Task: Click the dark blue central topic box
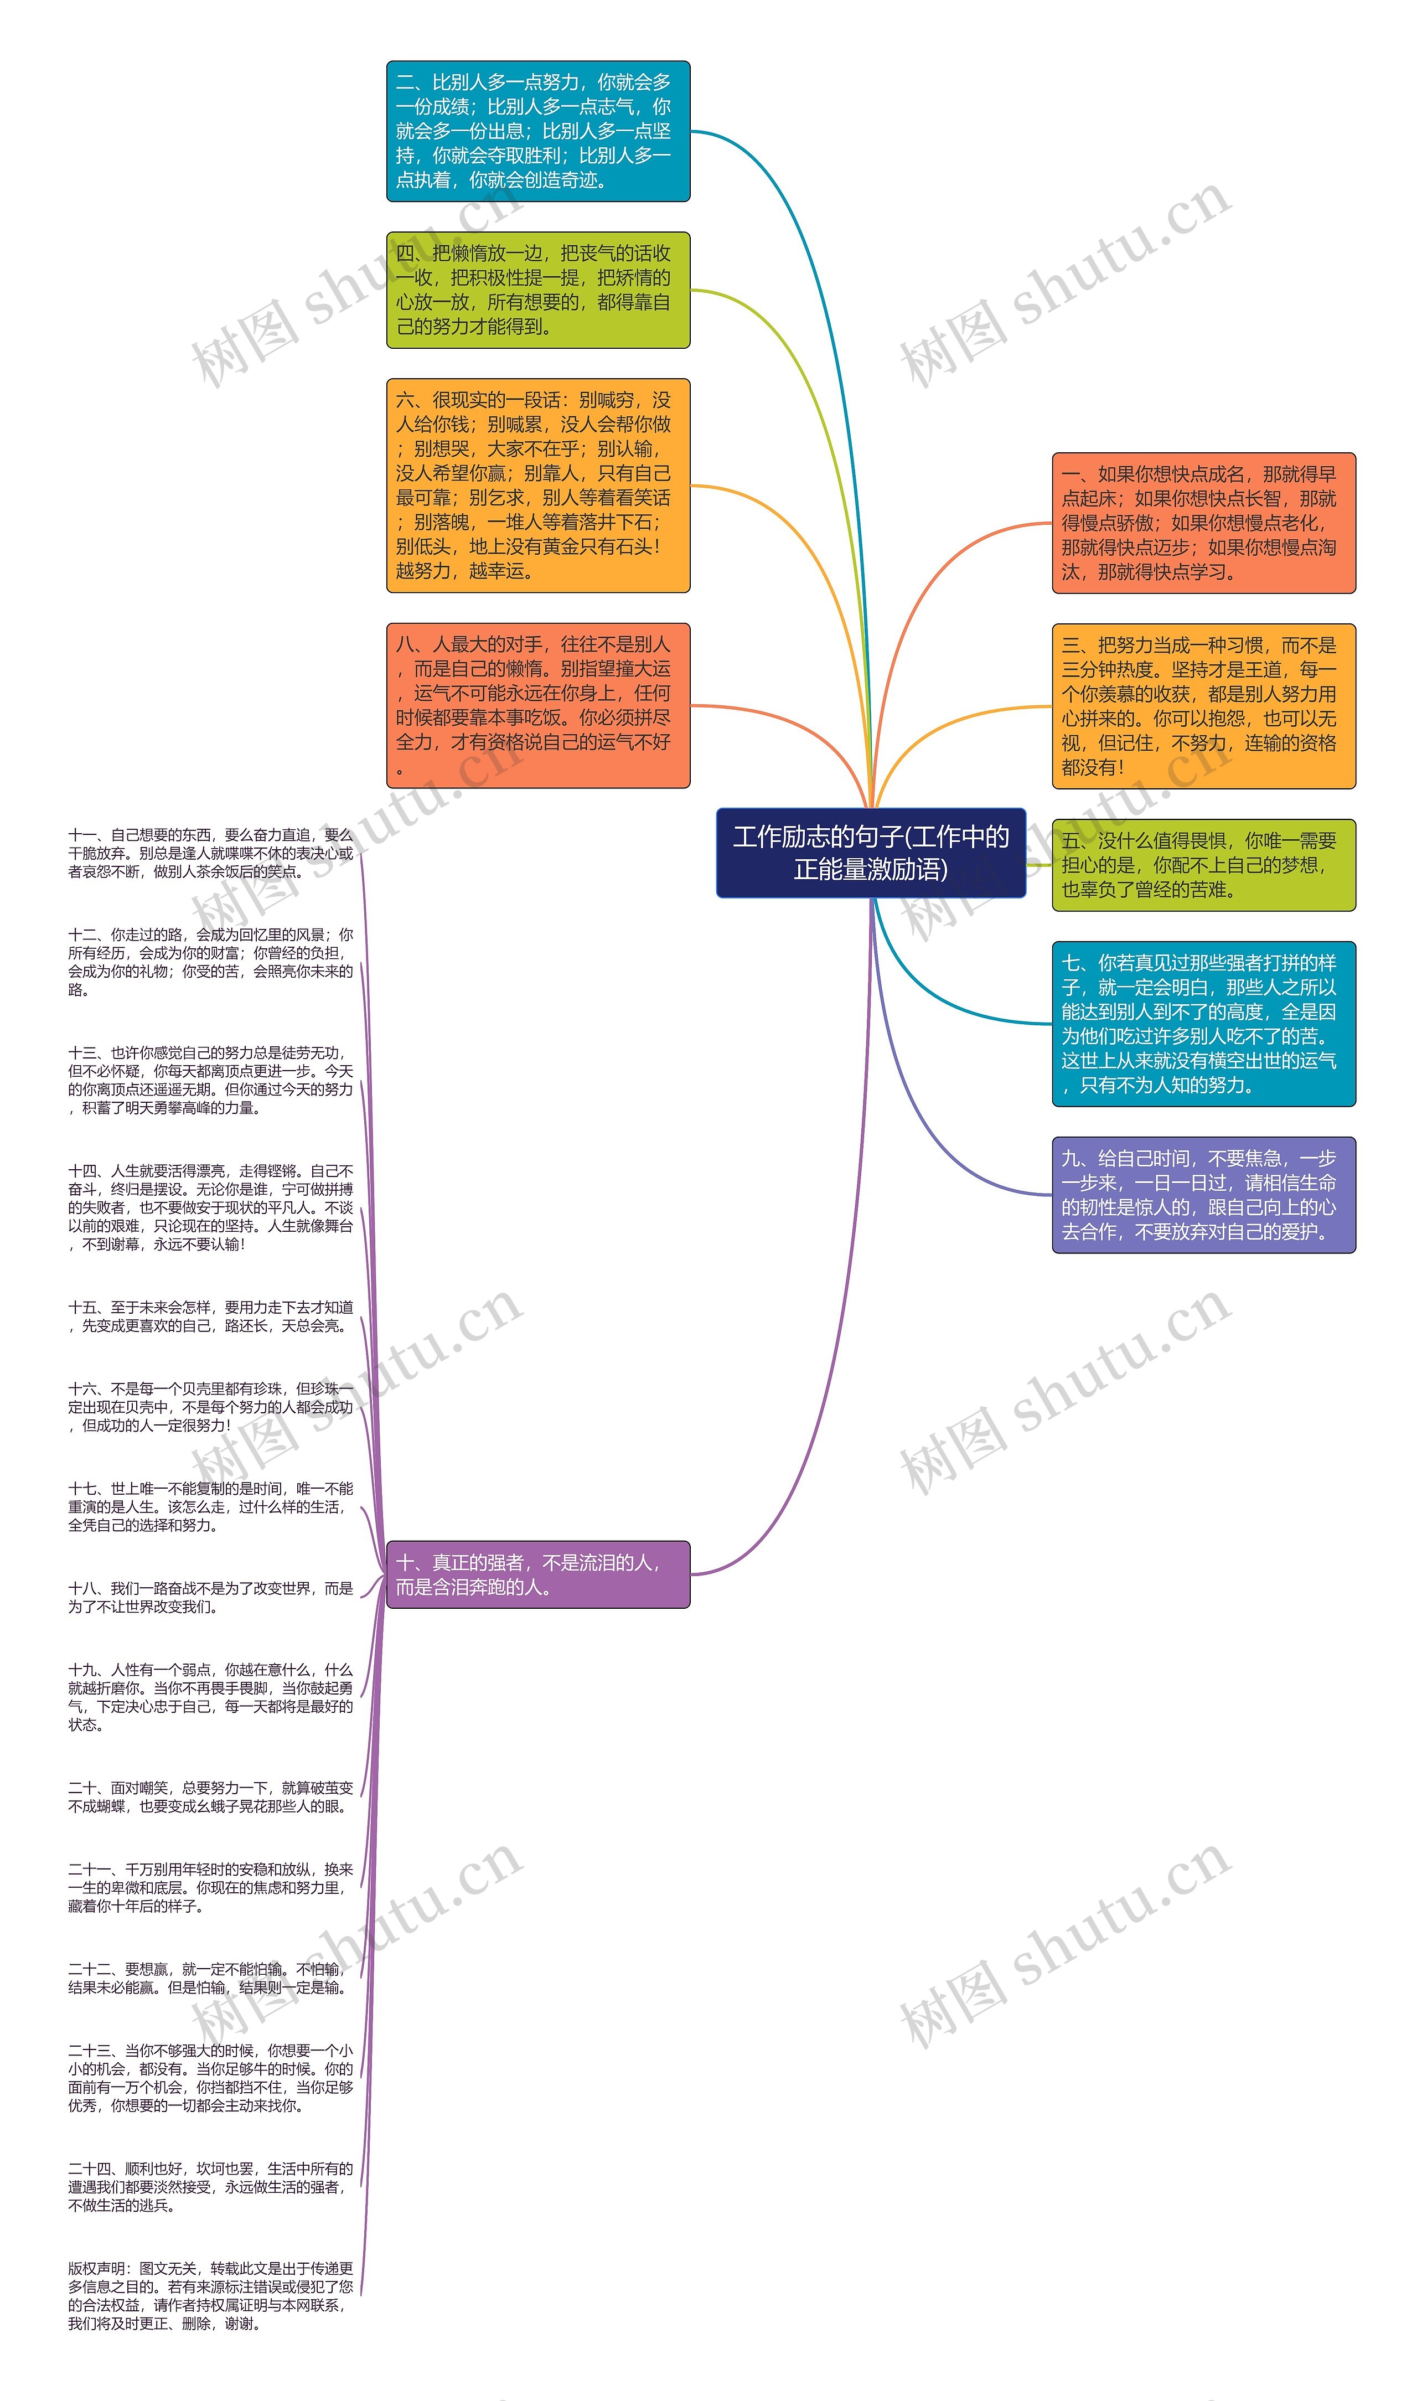870,853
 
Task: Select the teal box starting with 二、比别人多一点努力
537,131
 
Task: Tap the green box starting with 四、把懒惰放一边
537,290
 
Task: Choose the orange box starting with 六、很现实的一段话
537,485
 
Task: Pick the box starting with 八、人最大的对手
537,705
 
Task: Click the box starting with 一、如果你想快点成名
1203,523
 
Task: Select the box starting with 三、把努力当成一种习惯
1203,706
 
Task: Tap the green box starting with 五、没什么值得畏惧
1203,864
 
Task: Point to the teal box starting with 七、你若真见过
1203,1023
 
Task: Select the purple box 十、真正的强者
537,1574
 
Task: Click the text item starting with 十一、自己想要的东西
210,853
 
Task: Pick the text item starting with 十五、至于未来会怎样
210,1316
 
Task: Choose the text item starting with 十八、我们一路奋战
210,1597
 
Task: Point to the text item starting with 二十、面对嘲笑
210,1796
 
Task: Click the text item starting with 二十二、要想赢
210,1978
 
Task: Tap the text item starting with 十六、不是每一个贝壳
210,1407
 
